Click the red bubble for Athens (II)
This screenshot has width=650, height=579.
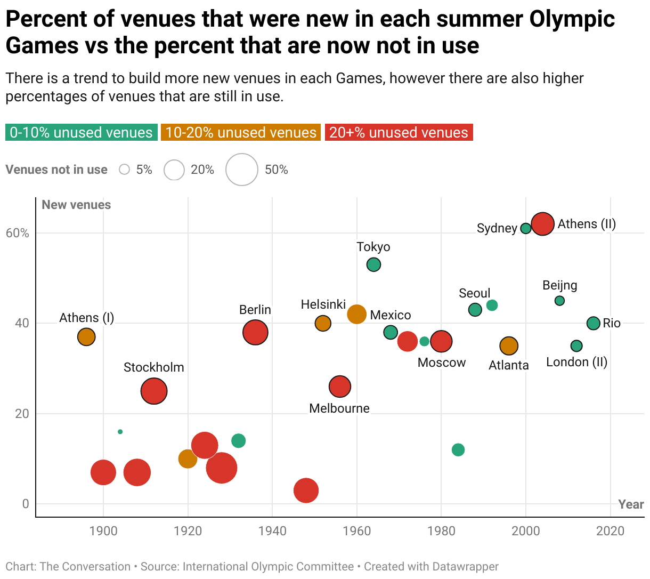pos(543,224)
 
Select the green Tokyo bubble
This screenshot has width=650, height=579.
pos(374,264)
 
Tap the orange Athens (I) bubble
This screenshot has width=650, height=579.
pos(86,337)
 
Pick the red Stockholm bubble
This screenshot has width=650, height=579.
pos(154,391)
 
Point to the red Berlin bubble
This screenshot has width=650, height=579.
pos(255,332)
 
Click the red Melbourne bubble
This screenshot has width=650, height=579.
pos(340,387)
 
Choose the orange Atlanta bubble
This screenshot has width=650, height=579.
pos(509,346)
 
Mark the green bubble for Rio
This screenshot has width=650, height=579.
pos(594,323)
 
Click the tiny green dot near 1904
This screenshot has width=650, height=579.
pos(120,432)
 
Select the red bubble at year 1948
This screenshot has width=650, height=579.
pos(306,490)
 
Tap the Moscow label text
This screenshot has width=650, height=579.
pos(442,363)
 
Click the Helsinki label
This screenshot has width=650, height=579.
pos(323,304)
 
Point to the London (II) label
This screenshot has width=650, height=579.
pos(576,362)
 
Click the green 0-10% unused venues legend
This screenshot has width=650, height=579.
pos(82,133)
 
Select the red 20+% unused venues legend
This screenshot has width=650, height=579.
pos(399,133)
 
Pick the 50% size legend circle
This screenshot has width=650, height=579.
pos(242,170)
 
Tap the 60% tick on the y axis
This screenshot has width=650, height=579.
pos(18,233)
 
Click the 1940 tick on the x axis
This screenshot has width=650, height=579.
pos(272,531)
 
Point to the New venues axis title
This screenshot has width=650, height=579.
pos(76,205)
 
